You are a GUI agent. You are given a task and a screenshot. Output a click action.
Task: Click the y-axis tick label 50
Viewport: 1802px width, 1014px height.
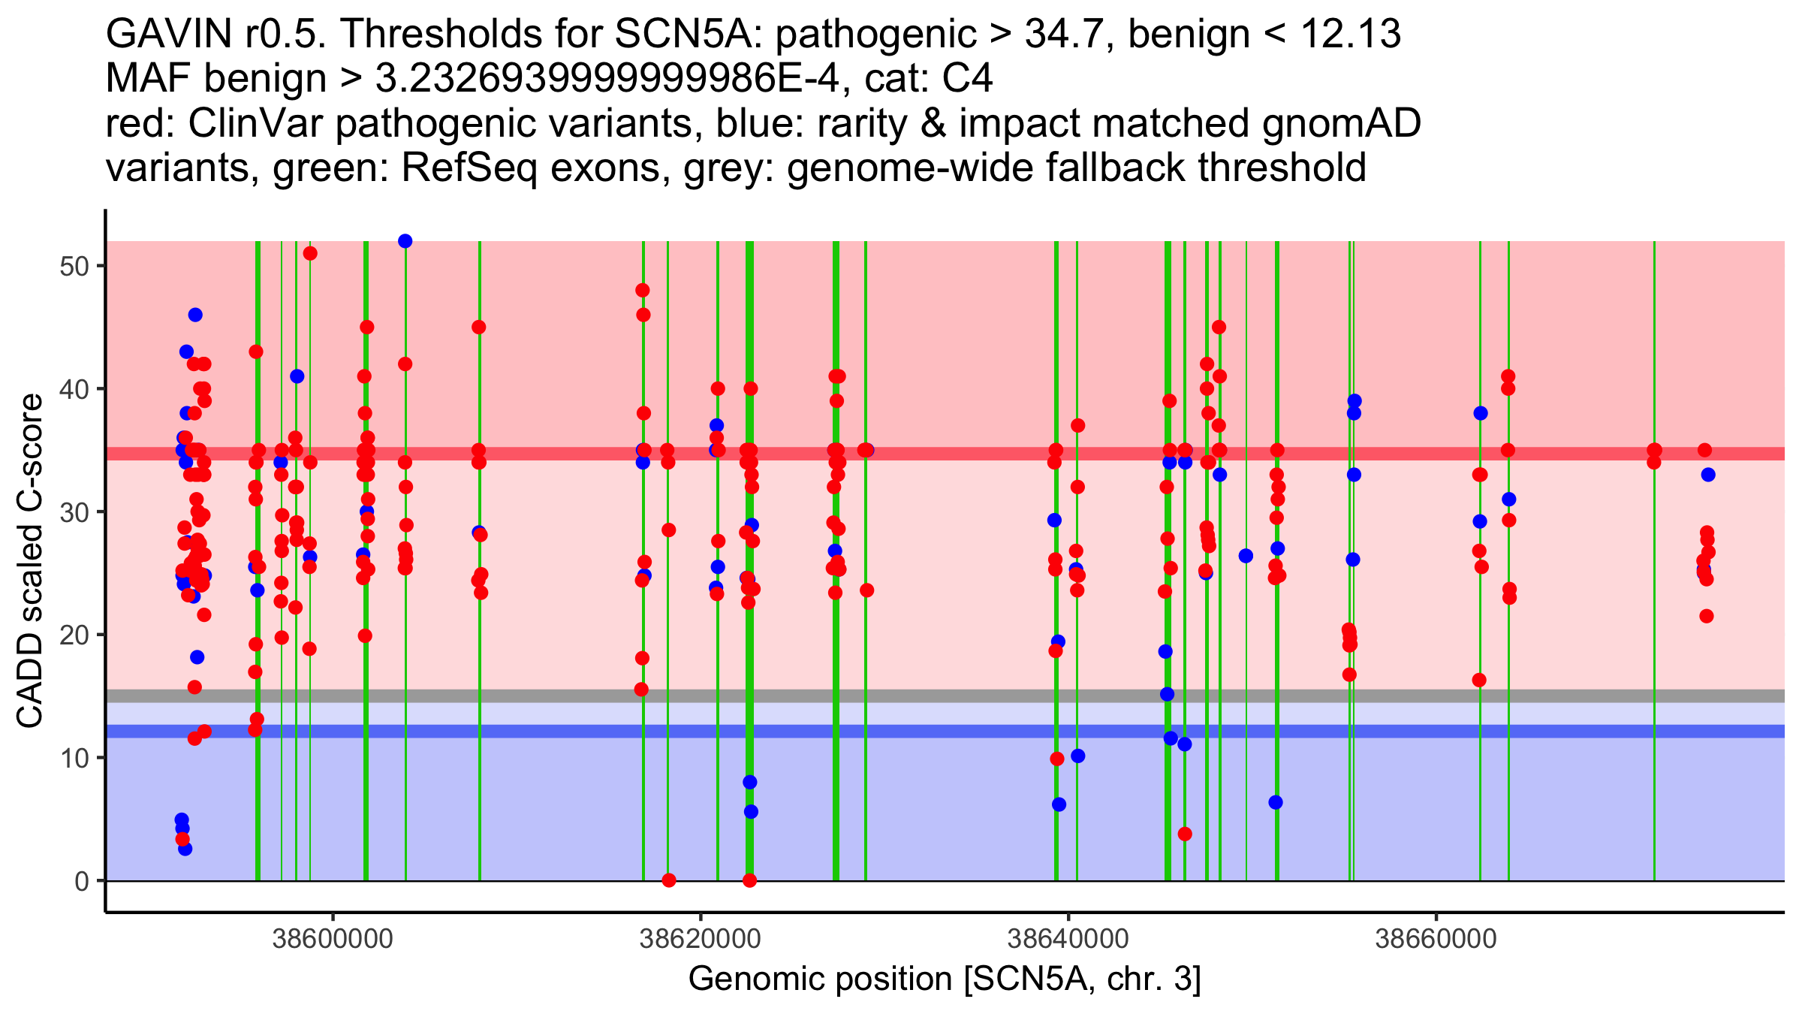coord(74,267)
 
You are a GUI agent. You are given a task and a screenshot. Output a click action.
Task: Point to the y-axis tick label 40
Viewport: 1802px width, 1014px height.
coord(74,389)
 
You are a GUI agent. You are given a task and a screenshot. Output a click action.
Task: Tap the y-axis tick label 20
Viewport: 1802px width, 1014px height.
coord(74,635)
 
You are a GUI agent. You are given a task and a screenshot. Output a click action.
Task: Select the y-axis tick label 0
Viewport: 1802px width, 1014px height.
coord(81,881)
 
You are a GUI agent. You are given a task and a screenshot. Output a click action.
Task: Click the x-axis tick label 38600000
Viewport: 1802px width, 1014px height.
coord(333,939)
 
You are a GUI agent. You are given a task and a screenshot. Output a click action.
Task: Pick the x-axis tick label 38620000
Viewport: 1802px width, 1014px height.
coord(700,939)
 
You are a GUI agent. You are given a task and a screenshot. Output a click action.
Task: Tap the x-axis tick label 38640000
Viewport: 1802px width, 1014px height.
coord(1068,939)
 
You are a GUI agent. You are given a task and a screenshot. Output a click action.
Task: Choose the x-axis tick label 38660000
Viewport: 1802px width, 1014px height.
coord(1436,939)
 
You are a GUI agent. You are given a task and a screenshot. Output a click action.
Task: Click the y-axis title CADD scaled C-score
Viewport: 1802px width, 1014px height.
coord(30,561)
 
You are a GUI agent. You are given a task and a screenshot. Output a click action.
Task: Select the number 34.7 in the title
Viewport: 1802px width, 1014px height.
coord(1058,35)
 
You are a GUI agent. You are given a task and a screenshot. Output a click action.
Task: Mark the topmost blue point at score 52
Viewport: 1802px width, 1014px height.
coord(405,241)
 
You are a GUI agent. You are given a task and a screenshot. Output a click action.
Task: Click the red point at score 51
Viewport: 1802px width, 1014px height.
coord(310,254)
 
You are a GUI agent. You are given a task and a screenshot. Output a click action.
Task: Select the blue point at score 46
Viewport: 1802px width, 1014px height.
coord(195,315)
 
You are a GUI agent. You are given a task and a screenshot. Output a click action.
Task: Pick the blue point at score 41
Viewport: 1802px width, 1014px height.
coord(297,376)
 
